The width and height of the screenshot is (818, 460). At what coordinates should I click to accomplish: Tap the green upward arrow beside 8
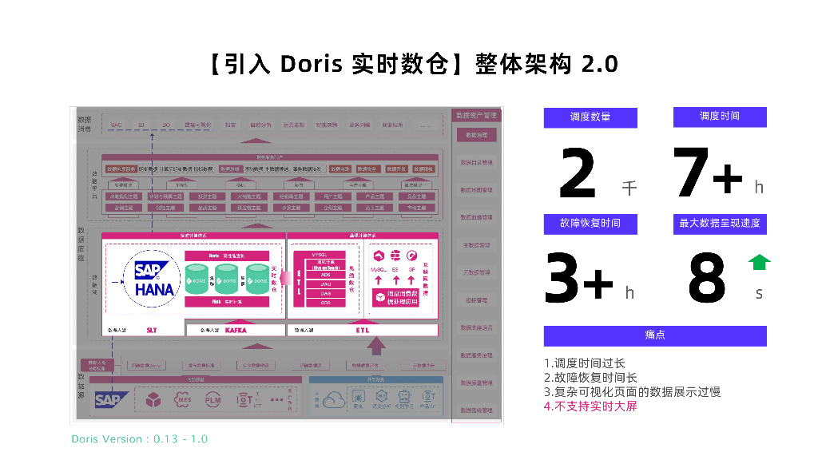[x=759, y=262]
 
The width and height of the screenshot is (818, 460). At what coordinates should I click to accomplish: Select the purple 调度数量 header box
[x=590, y=117]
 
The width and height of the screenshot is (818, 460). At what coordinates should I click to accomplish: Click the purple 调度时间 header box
[x=720, y=117]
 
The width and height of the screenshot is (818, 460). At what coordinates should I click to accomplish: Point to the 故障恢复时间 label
[x=590, y=224]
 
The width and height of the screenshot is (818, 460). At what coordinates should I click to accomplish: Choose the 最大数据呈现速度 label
[x=720, y=224]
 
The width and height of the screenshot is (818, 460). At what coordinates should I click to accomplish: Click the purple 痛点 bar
[x=655, y=335]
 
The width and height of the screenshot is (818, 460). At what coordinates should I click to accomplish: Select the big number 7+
[x=708, y=173]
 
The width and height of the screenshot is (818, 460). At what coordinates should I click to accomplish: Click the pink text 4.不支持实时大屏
[x=590, y=406]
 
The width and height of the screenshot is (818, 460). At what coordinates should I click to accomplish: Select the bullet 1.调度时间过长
[x=585, y=363]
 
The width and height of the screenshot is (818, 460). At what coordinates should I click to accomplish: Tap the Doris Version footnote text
[x=140, y=439]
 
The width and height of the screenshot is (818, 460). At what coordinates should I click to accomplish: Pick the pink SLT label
[x=152, y=329]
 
